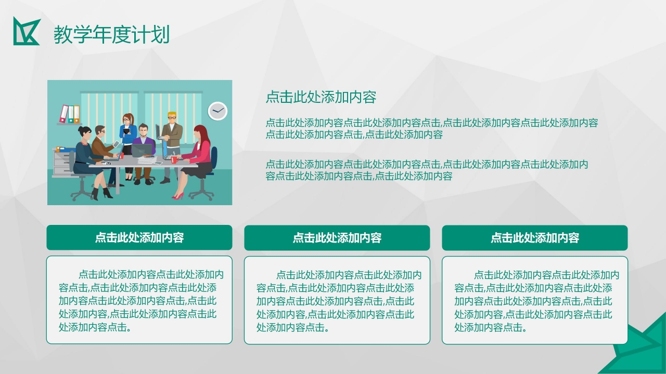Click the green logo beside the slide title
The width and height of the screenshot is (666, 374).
point(26,31)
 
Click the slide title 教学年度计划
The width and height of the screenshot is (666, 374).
point(111,35)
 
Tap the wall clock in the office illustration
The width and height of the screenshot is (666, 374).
point(217,111)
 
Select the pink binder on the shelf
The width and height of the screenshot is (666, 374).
point(63,114)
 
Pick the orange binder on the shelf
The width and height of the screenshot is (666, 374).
point(76,114)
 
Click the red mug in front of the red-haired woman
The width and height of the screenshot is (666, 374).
point(174,159)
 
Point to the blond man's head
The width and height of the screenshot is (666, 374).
point(172,117)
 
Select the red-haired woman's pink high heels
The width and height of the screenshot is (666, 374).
point(178,196)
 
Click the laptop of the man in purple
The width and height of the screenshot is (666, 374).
point(141,150)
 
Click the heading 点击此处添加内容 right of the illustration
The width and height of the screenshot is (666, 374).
point(321,97)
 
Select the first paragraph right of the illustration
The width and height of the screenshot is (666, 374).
point(431,129)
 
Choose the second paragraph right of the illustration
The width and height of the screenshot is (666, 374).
point(427,170)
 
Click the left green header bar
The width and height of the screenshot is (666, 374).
point(139,238)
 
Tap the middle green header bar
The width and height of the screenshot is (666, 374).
point(337,238)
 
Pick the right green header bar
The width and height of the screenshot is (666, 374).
point(535,238)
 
